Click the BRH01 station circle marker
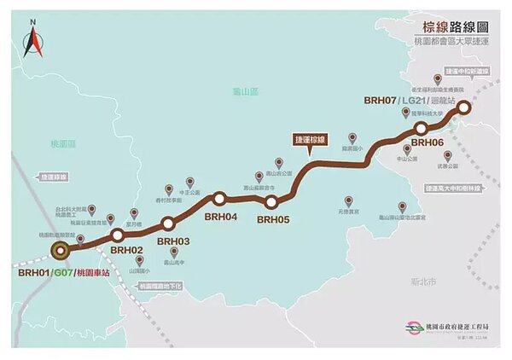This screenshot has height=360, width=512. click(x=60, y=250)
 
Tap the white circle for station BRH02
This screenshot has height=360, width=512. click(x=118, y=235)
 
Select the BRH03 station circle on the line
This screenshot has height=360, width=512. click(x=167, y=223)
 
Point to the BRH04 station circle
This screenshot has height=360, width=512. click(x=219, y=199)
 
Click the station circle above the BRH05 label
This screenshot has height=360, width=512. click(x=272, y=202)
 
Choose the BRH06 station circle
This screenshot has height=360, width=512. click(x=422, y=128)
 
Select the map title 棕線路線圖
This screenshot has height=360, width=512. click(x=443, y=26)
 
